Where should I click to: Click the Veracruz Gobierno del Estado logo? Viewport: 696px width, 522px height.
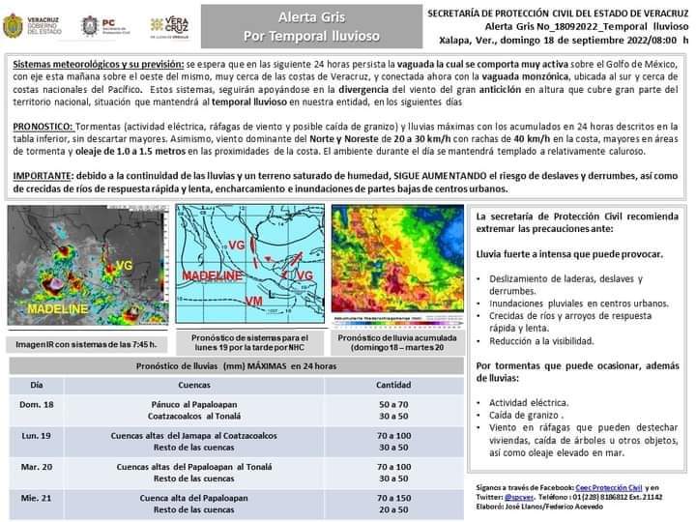(35, 25)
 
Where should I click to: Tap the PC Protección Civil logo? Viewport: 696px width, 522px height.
(101, 25)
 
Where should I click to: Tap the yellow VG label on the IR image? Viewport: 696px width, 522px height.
(125, 265)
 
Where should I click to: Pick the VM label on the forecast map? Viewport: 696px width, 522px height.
(254, 302)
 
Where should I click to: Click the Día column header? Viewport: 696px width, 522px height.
(37, 384)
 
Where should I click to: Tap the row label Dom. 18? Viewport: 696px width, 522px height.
(37, 403)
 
